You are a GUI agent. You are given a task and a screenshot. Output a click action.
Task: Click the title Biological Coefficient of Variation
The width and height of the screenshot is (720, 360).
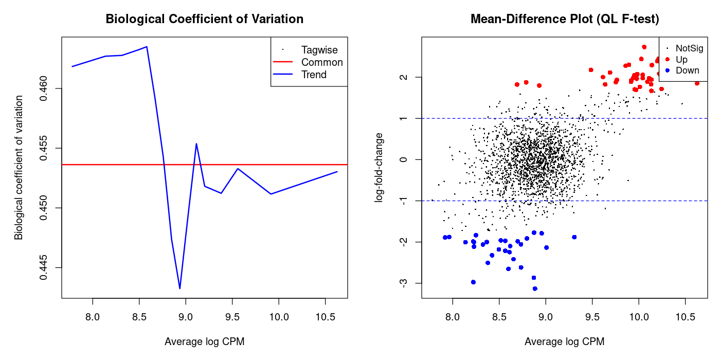(204, 19)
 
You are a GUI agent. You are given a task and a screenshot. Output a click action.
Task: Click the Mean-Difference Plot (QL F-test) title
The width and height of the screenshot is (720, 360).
(564, 19)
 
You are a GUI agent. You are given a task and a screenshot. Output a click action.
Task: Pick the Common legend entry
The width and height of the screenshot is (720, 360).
(322, 62)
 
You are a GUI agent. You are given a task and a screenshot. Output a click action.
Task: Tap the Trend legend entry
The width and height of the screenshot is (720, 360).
(314, 75)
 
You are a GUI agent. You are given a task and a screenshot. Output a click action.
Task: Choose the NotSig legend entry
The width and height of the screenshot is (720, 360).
(689, 48)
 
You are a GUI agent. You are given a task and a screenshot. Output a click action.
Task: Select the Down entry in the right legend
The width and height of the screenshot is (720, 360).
(687, 70)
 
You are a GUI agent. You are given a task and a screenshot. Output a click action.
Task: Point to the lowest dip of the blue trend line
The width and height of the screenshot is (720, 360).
(179, 289)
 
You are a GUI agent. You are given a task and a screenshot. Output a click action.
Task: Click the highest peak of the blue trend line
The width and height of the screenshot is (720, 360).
(147, 47)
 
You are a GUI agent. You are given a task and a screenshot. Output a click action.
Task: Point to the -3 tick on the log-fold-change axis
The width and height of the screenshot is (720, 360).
(406, 283)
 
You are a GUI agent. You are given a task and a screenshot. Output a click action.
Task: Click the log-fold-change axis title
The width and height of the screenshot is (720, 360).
(380, 167)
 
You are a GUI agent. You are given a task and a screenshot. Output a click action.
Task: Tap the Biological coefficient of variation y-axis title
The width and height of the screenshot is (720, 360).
(19, 167)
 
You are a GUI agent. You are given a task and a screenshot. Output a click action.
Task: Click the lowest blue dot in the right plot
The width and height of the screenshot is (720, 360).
(535, 289)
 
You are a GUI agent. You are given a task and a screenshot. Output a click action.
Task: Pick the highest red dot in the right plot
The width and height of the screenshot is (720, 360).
(644, 47)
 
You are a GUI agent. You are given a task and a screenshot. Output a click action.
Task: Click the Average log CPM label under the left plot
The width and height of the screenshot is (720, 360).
(204, 341)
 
